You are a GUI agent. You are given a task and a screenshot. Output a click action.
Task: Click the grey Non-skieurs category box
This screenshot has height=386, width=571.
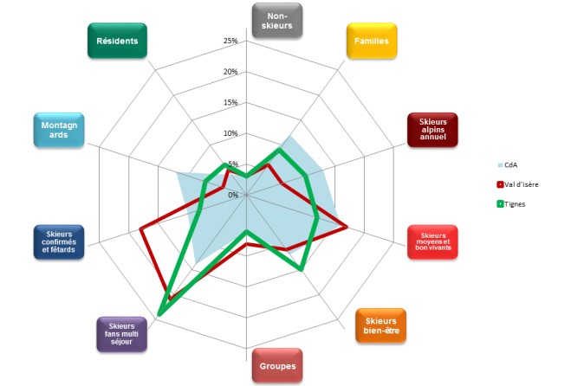pyautogui.click(x=276, y=20)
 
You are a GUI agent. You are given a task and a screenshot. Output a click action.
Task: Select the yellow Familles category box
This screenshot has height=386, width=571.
pyautogui.click(x=372, y=41)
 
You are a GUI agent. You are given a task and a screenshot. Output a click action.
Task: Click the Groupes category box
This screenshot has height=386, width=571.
pyautogui.click(x=277, y=366)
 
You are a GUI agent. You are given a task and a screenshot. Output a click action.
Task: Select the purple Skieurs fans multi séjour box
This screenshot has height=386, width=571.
pyautogui.click(x=121, y=331)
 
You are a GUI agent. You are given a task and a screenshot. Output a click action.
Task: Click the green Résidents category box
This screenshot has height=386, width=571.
pyautogui.click(x=118, y=41)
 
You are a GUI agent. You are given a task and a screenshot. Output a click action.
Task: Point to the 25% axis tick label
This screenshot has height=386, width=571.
pyautogui.click(x=230, y=42)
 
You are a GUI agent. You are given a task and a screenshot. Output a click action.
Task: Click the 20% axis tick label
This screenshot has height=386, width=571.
pyautogui.click(x=230, y=72)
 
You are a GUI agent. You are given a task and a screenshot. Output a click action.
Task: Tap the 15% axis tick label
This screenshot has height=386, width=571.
pyautogui.click(x=230, y=103)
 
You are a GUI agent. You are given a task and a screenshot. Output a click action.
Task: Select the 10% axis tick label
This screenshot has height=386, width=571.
pyautogui.click(x=230, y=133)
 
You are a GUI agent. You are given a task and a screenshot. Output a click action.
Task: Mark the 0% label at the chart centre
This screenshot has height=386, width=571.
pyautogui.click(x=232, y=195)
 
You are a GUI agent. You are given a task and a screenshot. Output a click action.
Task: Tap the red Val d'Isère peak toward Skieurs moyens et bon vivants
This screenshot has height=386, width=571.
pyautogui.click(x=347, y=228)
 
